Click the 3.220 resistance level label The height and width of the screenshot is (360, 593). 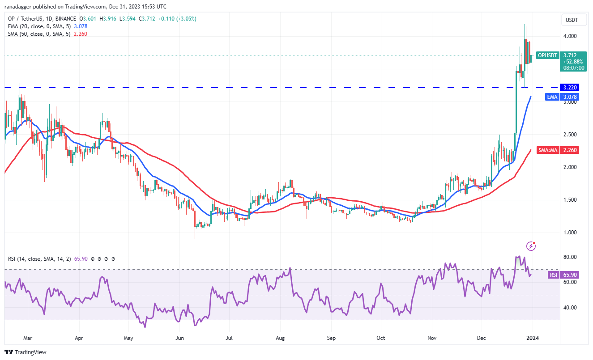click(x=572, y=88)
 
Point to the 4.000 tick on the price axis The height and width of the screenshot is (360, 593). click(x=572, y=36)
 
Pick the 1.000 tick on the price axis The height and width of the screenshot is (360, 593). click(x=572, y=232)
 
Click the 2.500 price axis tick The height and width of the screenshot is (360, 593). click(x=572, y=134)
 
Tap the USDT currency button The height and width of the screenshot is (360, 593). click(x=572, y=20)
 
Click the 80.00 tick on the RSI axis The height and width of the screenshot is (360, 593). click(x=570, y=257)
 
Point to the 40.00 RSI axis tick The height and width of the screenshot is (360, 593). click(x=570, y=308)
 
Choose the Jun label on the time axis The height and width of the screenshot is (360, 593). click(x=179, y=339)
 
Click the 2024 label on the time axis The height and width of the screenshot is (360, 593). click(x=533, y=339)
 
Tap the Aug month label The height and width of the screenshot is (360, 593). click(x=280, y=339)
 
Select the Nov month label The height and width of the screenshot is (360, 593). click(x=431, y=339)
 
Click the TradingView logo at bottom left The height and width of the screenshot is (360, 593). click(x=26, y=352)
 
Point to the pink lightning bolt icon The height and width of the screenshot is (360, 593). click(x=531, y=246)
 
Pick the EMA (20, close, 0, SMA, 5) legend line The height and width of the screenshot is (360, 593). click(x=42, y=26)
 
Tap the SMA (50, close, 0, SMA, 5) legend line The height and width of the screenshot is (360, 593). click(x=42, y=34)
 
